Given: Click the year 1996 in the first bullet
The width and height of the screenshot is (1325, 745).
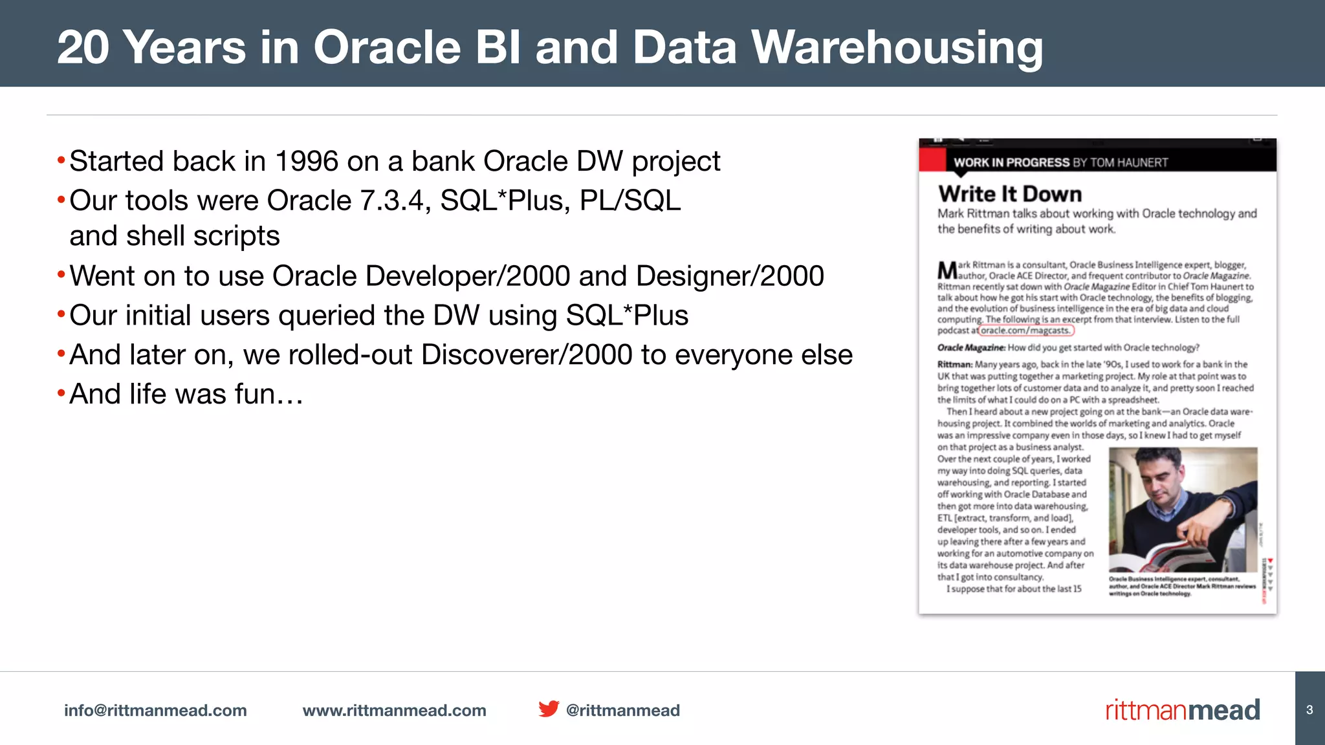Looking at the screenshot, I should pos(306,162).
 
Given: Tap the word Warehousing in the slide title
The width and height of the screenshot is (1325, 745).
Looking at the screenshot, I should pos(897,48).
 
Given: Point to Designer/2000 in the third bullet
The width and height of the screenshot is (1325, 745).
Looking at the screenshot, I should pos(730,277).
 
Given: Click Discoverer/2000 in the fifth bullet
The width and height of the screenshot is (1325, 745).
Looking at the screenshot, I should pos(527,355).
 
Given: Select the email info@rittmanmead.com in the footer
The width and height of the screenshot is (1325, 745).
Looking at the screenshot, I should pos(155,710).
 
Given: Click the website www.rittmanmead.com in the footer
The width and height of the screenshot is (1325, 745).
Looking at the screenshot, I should pos(394,710).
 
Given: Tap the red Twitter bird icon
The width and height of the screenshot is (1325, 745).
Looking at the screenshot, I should pos(548,709).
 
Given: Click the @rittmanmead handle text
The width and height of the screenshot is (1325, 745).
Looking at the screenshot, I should pos(622,710).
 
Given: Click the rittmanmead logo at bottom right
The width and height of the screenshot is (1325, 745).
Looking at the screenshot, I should pos(1182,710).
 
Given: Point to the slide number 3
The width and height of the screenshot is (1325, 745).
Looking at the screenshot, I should pos(1309,710).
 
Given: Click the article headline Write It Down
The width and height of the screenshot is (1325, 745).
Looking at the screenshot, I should pos(1009,194).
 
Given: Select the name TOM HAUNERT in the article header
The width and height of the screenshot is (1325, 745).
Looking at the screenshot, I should pos(1129,162).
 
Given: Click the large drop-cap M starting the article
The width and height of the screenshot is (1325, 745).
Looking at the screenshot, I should pos(947,270).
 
